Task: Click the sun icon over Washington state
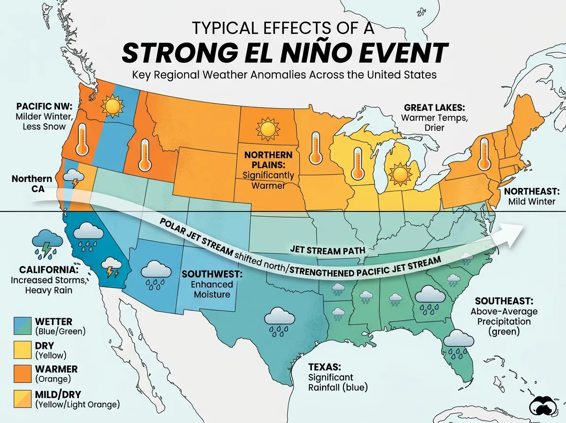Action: (113, 106)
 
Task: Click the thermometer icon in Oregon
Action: (83, 140)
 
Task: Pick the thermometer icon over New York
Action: (483, 153)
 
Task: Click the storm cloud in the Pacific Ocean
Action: (46, 242)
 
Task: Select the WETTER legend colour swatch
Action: (23, 326)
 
